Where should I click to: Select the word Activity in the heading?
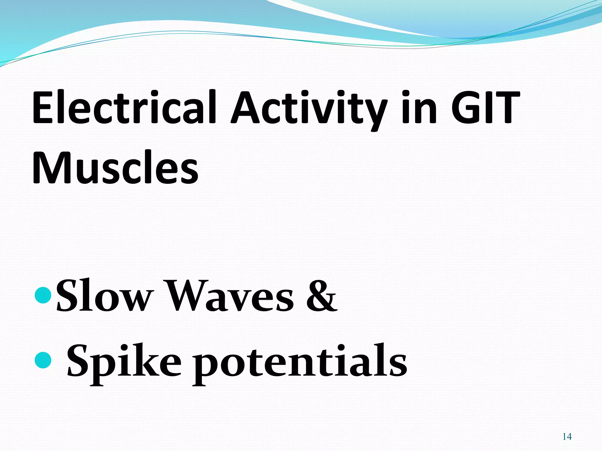coord(309,109)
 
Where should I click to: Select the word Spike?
coord(124,361)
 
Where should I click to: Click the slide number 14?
coord(567,437)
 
